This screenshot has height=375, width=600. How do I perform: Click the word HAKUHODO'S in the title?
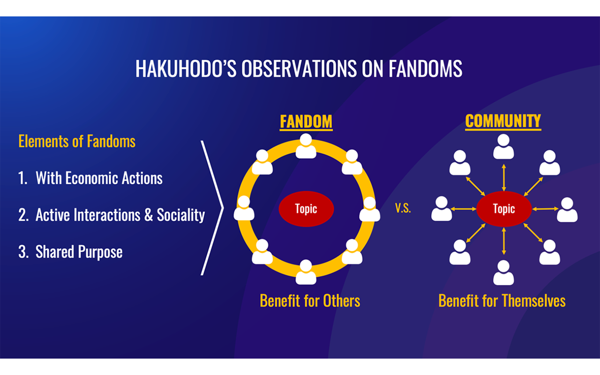186,68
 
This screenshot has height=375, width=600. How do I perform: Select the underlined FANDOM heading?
306,122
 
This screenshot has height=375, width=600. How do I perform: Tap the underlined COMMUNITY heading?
503,121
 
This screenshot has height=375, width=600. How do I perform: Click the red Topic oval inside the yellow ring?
306,209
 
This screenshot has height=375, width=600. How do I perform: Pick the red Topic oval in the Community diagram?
504,209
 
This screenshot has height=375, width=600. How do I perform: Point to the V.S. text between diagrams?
403,208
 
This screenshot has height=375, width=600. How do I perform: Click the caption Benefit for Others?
310,301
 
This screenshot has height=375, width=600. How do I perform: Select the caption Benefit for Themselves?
502,301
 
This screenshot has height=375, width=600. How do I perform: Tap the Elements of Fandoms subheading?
77,141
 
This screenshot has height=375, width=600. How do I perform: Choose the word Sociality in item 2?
181,215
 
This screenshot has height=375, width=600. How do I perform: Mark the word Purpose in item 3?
100,252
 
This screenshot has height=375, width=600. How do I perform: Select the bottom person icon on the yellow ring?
306,272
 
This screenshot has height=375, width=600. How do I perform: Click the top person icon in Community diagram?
503,147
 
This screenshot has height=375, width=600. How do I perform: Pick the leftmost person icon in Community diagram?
442,209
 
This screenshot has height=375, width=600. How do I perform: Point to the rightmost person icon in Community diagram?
567,210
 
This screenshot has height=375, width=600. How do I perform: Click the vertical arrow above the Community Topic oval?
504,177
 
